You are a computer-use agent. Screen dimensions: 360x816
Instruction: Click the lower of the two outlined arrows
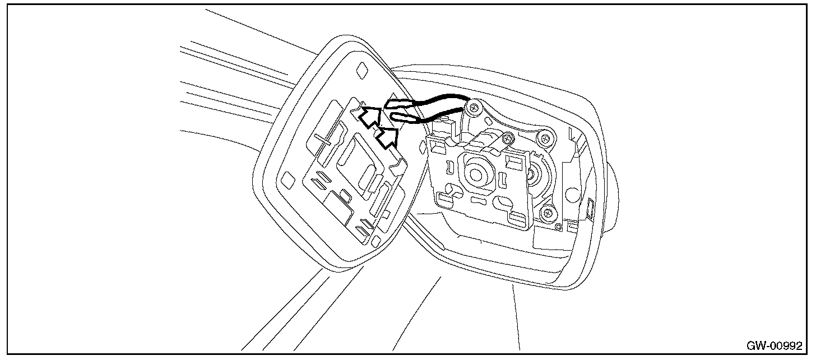(388, 136)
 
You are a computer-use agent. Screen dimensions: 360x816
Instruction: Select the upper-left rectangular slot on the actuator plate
(439, 146)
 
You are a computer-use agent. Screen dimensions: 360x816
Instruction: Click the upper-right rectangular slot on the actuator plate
(512, 161)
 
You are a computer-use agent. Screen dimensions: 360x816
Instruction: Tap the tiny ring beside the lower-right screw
(559, 227)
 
